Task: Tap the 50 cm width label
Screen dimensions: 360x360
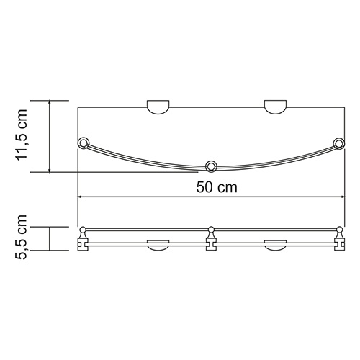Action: click(x=209, y=188)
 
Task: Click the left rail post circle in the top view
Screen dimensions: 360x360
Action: click(x=84, y=143)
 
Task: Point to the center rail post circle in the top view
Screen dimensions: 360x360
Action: click(x=211, y=167)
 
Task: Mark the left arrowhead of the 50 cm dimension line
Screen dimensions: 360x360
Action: click(x=81, y=197)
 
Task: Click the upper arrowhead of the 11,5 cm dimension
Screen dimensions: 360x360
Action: click(x=49, y=103)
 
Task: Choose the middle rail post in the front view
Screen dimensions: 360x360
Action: click(x=211, y=239)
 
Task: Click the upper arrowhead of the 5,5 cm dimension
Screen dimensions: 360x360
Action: click(x=49, y=229)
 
